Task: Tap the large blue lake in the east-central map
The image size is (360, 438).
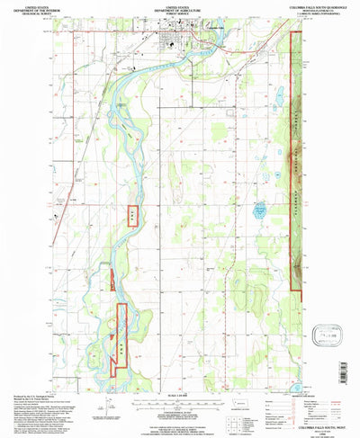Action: click(x=260, y=213)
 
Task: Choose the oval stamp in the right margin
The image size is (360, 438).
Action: click(x=320, y=335)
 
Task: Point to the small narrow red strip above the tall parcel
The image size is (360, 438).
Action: click(x=112, y=280)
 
